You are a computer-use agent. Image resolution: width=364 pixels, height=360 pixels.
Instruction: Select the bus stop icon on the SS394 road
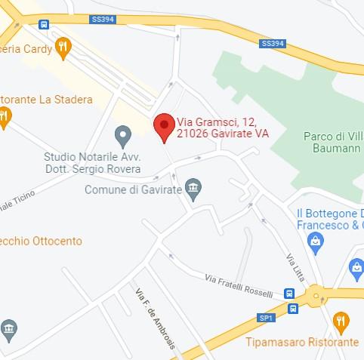[x=45, y=24]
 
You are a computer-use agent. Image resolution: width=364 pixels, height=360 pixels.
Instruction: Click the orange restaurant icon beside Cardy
[x=64, y=48]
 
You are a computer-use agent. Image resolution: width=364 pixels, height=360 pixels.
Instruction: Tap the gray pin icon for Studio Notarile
[x=122, y=136]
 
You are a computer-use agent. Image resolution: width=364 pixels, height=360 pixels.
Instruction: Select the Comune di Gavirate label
[x=133, y=189]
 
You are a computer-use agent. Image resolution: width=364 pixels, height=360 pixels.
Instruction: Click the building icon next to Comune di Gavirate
[x=194, y=189]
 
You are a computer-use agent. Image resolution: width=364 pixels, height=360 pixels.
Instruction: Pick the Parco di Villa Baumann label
[x=331, y=142]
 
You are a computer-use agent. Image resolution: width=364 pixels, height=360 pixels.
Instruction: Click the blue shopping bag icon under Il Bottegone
[x=316, y=242]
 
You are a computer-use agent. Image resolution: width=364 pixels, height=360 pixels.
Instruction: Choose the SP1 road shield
[x=266, y=318]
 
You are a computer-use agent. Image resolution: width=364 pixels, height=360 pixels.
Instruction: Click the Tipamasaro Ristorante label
[x=302, y=342]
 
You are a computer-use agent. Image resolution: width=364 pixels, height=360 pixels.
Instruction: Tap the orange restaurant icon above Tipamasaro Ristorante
[x=341, y=322]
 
